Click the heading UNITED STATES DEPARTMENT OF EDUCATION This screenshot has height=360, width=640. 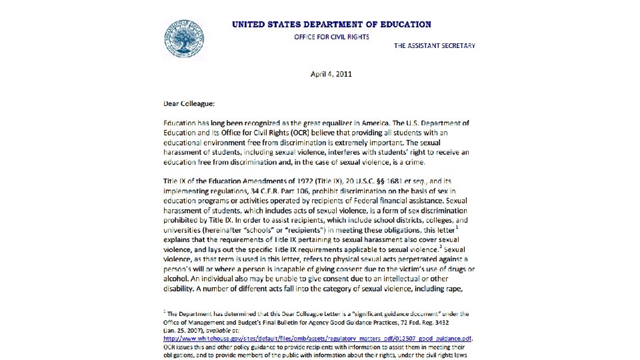331,25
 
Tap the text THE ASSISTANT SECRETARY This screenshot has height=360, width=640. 434,46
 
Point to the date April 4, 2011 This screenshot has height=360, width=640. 331,74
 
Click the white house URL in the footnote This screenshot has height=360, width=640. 317,338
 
